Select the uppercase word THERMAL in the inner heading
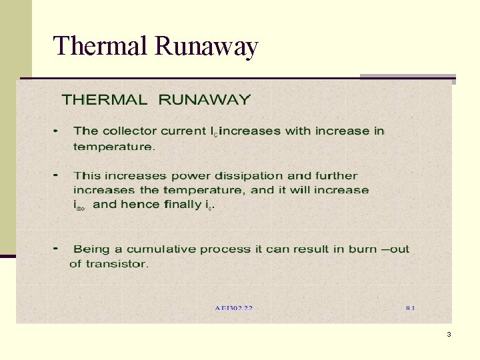pyautogui.click(x=105, y=100)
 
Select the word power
pyautogui.click(x=191, y=177)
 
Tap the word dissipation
pyautogui.click(x=250, y=176)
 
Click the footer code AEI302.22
pyautogui.click(x=233, y=309)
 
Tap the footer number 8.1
pyautogui.click(x=409, y=309)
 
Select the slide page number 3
pyautogui.click(x=449, y=334)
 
